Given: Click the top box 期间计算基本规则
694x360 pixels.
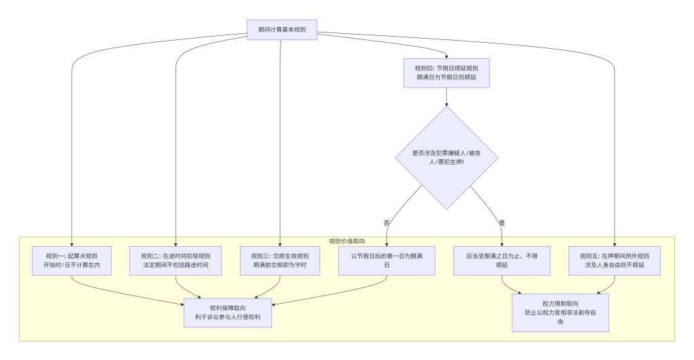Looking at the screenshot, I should pos(282,30).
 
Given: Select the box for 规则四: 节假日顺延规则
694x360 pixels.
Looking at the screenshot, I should pos(446,73).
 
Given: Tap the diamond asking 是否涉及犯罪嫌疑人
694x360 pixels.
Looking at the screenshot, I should pos(447,157).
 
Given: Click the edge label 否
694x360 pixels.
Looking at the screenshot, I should pos(387,222).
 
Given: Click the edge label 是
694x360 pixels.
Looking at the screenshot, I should pos(502,222).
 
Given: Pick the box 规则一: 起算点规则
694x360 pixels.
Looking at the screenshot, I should pos(71,260).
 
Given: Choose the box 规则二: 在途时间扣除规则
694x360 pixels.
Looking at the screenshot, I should pos(176,260).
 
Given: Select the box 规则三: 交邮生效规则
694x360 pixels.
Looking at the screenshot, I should pos(280,260).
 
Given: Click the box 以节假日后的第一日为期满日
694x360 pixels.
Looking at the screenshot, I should pos(387,260).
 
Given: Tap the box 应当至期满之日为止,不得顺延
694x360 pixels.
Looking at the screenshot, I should pos(502,260).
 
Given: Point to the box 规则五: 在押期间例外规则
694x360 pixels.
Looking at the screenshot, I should pos(615,260).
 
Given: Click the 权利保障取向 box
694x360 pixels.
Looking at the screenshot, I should pos(228,313).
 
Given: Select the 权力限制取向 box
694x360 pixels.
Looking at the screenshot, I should pos(560,313).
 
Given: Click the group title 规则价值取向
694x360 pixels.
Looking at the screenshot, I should pos(347,241).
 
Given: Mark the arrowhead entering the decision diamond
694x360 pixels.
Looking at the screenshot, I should pos(447,104).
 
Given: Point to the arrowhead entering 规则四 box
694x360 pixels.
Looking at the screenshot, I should pos(447,56).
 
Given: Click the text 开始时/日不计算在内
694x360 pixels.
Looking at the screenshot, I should pos(71,265).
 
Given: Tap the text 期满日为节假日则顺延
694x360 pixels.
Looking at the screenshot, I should pos(446,77).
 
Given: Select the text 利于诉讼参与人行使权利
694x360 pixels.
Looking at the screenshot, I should pos(228,317).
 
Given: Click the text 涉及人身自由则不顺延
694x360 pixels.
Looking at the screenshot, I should pos(615,265).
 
